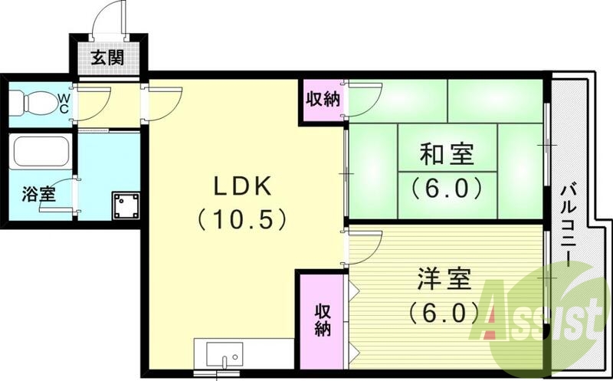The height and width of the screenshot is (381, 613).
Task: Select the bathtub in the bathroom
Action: (42, 154)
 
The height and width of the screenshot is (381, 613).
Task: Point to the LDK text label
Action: (242, 186)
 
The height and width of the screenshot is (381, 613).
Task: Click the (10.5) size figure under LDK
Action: (242, 220)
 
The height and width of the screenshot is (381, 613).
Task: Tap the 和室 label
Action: (447, 156)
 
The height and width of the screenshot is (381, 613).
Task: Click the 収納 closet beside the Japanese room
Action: (323, 99)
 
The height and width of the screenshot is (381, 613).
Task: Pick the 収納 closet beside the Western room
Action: (322, 317)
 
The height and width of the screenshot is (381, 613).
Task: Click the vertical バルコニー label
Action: (571, 222)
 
